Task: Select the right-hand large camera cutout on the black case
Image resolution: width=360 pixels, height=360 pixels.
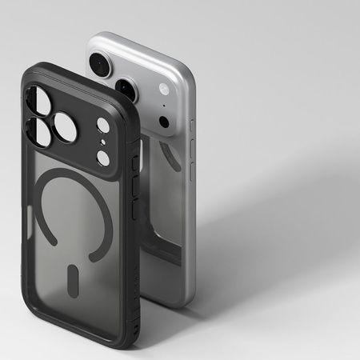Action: (65, 128)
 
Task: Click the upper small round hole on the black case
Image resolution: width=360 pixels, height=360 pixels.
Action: (102, 126)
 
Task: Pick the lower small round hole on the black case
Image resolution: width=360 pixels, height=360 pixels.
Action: (103, 158)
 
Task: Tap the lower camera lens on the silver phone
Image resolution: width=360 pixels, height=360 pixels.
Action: (127, 89)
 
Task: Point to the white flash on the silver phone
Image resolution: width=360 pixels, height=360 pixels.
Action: (164, 90)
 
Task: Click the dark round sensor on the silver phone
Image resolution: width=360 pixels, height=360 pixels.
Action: (164, 122)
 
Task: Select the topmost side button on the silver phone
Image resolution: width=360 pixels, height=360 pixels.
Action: (191, 126)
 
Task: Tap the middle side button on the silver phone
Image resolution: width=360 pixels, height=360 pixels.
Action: (192, 148)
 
